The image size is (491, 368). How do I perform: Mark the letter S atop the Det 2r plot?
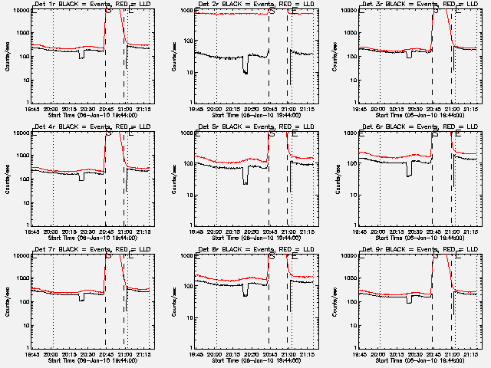click(x=272, y=11)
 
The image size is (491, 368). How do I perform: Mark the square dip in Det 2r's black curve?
click(x=245, y=70)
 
